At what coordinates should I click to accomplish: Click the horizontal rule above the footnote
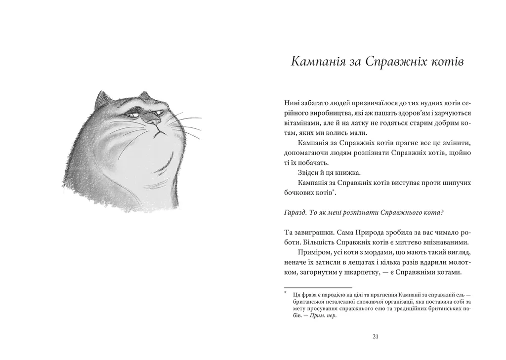(x=318, y=287)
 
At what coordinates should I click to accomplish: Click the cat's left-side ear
(x=102, y=100)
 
